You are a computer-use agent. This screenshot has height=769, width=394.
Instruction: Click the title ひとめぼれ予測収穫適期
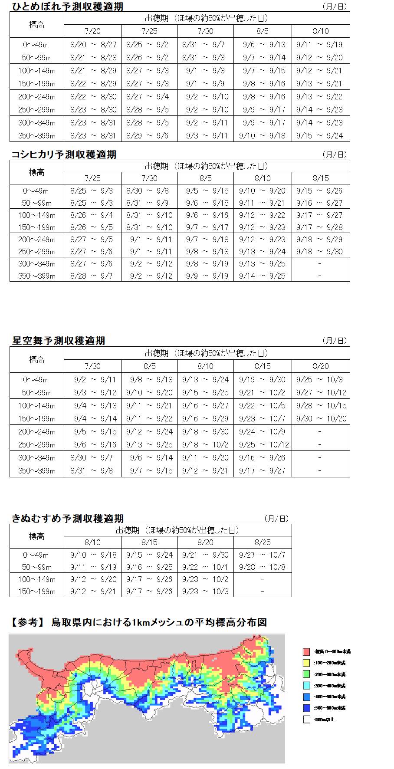pos(67,7)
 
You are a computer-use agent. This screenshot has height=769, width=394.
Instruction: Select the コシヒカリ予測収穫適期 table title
pos(64,154)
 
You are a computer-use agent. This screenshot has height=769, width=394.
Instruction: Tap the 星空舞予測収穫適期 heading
pos(59,341)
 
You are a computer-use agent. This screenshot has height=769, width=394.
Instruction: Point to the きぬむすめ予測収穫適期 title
pos(68,519)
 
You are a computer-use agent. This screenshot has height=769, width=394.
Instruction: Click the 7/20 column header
pos(92,31)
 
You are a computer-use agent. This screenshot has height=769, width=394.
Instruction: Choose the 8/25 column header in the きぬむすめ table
pos(263,542)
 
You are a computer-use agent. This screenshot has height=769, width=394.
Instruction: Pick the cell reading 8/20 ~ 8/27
pos(93,44)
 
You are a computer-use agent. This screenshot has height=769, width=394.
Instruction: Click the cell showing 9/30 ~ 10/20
pos(321,419)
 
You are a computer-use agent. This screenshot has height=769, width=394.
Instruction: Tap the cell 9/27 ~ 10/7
pos(262,555)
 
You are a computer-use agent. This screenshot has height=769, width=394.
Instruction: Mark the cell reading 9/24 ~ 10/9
pos(262,432)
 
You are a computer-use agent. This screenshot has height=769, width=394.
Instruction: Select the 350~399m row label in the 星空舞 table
pos(37,471)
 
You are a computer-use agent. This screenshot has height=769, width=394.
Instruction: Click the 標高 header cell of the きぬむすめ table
pos(37,536)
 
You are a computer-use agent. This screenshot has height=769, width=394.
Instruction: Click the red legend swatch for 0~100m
pos(306,652)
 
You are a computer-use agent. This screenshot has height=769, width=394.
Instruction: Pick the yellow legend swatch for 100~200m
pos(306,663)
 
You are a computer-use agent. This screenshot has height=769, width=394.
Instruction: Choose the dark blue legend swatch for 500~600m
pos(306,708)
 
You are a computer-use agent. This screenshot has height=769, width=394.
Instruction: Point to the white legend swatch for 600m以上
pos(306,720)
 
